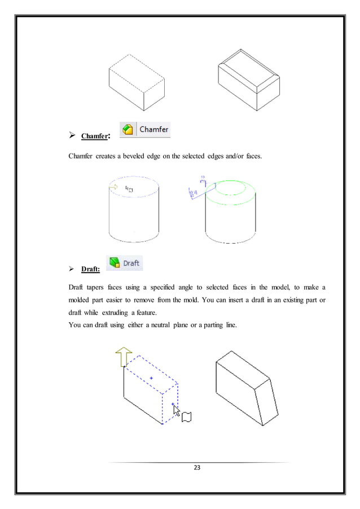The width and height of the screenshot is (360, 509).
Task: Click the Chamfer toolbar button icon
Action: (129, 130)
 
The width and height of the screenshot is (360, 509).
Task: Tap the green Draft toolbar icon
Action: (115, 263)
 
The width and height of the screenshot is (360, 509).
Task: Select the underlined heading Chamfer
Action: (94, 136)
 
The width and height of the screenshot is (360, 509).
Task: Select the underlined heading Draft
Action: (91, 270)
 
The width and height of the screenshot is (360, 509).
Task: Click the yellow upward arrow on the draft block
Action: (124, 357)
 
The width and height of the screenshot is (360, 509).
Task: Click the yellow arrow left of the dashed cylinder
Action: (113, 187)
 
